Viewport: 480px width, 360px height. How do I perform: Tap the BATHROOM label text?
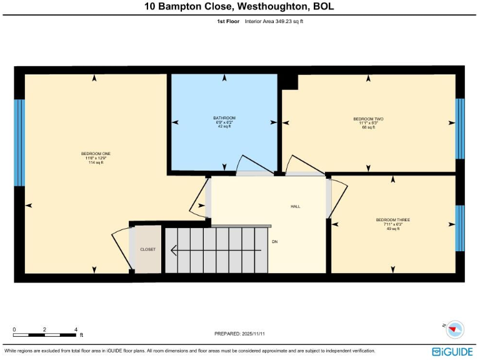(x=224, y=118)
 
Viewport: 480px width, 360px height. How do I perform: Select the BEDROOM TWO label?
(x=368, y=119)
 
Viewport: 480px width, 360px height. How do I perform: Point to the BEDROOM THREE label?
(x=392, y=220)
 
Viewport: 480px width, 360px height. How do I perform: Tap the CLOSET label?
(x=148, y=249)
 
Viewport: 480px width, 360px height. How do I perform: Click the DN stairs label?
(x=274, y=241)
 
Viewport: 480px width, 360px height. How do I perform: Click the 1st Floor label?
(x=227, y=21)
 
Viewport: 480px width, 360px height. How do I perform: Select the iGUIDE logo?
(x=452, y=352)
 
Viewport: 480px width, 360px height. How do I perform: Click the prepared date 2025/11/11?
(x=239, y=334)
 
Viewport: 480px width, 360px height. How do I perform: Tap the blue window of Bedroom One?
(x=19, y=142)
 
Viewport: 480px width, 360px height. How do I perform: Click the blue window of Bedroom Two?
(x=460, y=129)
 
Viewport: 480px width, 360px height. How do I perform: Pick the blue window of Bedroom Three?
(x=460, y=229)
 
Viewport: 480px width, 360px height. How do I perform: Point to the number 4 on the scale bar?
(x=76, y=329)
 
